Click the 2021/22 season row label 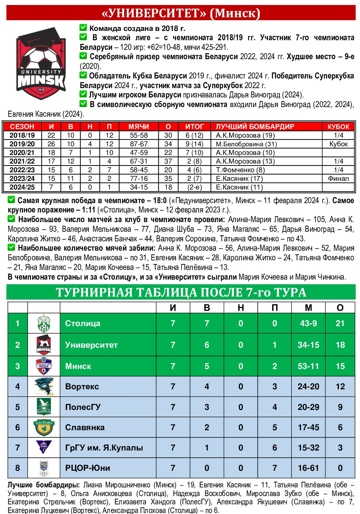point(22,161)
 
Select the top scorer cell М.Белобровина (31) point(246,144)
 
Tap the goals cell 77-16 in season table point(139,179)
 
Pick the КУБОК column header point(338,127)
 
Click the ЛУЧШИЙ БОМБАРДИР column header point(255,127)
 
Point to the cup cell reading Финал point(338,179)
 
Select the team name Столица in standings point(83,323)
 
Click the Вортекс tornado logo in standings point(44,386)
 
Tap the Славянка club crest point(44,427)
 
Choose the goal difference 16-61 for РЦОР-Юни point(308,468)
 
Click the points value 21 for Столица point(340,323)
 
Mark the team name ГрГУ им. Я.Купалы point(104,448)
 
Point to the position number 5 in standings point(18,407)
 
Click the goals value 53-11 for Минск point(308,366)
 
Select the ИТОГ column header point(194,127)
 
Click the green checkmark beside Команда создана point(83,28)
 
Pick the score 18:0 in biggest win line point(160,200)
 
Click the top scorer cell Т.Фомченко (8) point(240,170)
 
